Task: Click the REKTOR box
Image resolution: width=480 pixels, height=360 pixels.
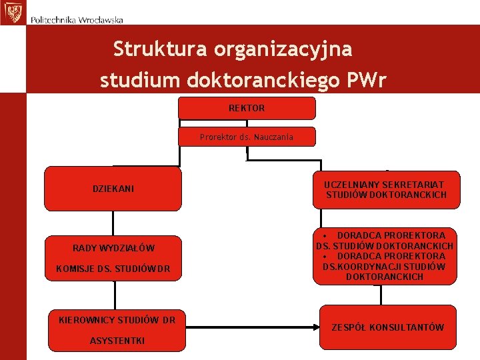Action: pos(247,108)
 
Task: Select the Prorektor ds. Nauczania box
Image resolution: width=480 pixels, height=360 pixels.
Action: pos(247,137)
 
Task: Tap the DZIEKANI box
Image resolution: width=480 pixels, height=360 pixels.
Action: pos(113,189)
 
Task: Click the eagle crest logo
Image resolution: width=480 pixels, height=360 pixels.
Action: pos(12,12)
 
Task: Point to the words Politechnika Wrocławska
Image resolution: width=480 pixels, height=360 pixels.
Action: pos(77,20)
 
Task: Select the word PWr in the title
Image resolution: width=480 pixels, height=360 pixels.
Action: pos(366,81)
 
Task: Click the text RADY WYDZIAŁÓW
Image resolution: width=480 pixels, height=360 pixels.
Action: pos(113,249)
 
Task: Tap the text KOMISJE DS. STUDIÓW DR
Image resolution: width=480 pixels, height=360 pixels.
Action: pos(113,269)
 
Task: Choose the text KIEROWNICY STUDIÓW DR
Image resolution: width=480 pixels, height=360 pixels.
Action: pos(117,320)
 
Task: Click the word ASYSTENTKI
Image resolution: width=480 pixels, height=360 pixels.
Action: pos(117,341)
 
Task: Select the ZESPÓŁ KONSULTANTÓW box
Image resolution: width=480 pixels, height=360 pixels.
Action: pos(388,327)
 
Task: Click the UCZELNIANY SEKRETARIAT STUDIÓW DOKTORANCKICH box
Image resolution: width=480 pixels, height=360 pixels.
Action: pos(386,189)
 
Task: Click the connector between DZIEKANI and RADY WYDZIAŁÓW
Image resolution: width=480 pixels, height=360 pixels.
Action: pos(113,223)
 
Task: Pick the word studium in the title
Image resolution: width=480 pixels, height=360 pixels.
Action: pos(139,81)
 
